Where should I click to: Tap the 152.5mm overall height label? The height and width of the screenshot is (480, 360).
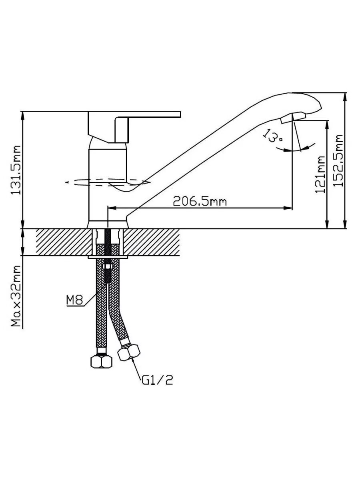pos(339,160)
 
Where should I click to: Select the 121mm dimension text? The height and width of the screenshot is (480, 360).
pos(320,174)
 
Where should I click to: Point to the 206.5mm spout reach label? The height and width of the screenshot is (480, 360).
pos(199,201)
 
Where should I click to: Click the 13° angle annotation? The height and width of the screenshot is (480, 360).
pos(273,136)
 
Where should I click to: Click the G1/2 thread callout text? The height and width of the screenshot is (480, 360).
pos(157,380)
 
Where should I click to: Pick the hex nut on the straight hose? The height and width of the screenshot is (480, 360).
pos(102,361)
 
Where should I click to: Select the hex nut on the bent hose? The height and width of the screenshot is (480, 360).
pos(130,353)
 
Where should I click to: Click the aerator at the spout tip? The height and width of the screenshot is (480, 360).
pos(293,118)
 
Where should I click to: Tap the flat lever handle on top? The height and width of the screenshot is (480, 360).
pos(148,115)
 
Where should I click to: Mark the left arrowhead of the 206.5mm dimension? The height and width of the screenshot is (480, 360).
pos(112,208)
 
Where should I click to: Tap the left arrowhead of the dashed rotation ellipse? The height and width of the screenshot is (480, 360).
pos(68,182)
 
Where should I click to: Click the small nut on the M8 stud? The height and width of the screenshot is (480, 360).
pos(107,267)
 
